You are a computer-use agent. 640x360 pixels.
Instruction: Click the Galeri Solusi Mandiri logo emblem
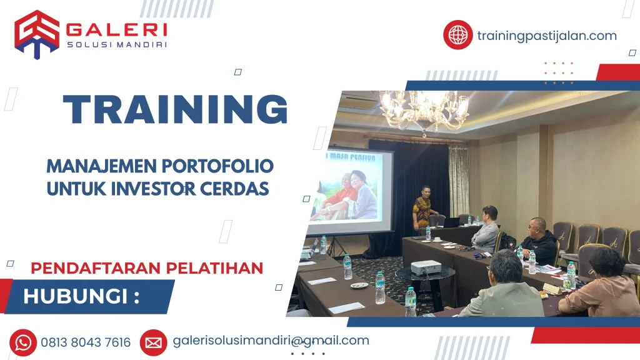37,35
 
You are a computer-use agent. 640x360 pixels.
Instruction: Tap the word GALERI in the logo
116,30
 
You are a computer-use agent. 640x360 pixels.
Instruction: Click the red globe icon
458,35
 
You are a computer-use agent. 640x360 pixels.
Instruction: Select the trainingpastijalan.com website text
547,36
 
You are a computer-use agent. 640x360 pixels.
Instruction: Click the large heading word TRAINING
176,109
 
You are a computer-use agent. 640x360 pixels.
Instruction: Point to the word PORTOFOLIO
217,166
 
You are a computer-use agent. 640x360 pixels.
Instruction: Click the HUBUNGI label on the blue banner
81,296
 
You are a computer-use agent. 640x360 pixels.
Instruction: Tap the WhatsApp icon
23,343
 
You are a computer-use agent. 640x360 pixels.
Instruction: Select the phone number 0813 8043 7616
86,342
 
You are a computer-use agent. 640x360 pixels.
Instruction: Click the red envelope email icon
154,343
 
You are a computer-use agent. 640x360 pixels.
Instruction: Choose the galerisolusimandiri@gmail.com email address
271,341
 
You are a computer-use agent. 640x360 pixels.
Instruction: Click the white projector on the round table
426,267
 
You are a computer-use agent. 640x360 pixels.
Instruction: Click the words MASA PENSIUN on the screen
352,157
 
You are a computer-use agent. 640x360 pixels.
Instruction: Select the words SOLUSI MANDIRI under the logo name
117,44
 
